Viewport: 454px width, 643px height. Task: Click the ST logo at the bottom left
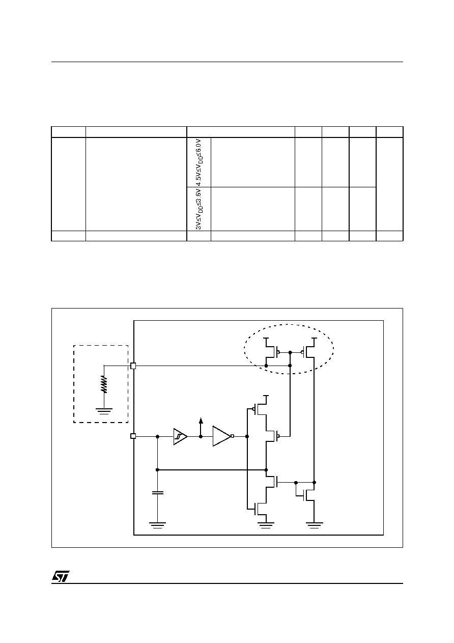pos(61,576)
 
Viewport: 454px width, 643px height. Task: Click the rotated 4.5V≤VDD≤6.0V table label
pos(199,163)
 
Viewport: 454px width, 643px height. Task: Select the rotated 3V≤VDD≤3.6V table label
pos(199,209)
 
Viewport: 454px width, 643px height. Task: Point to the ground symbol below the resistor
pos(104,411)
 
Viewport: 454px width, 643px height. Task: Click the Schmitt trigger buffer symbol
pos(180,437)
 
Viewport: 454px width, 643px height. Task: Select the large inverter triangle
pos(221,436)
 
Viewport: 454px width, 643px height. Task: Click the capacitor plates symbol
pos(158,493)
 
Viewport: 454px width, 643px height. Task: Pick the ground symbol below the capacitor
pos(158,525)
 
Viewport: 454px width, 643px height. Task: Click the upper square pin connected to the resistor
pos(133,366)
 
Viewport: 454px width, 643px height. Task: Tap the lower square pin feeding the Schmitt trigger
pos(133,436)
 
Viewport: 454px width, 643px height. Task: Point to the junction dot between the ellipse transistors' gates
pos(290,352)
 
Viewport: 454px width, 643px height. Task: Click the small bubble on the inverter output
pos(233,436)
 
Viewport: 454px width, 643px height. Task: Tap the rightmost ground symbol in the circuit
pos(314,525)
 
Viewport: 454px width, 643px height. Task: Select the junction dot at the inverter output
pos(247,436)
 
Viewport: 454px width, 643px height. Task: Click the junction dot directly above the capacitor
pos(157,469)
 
